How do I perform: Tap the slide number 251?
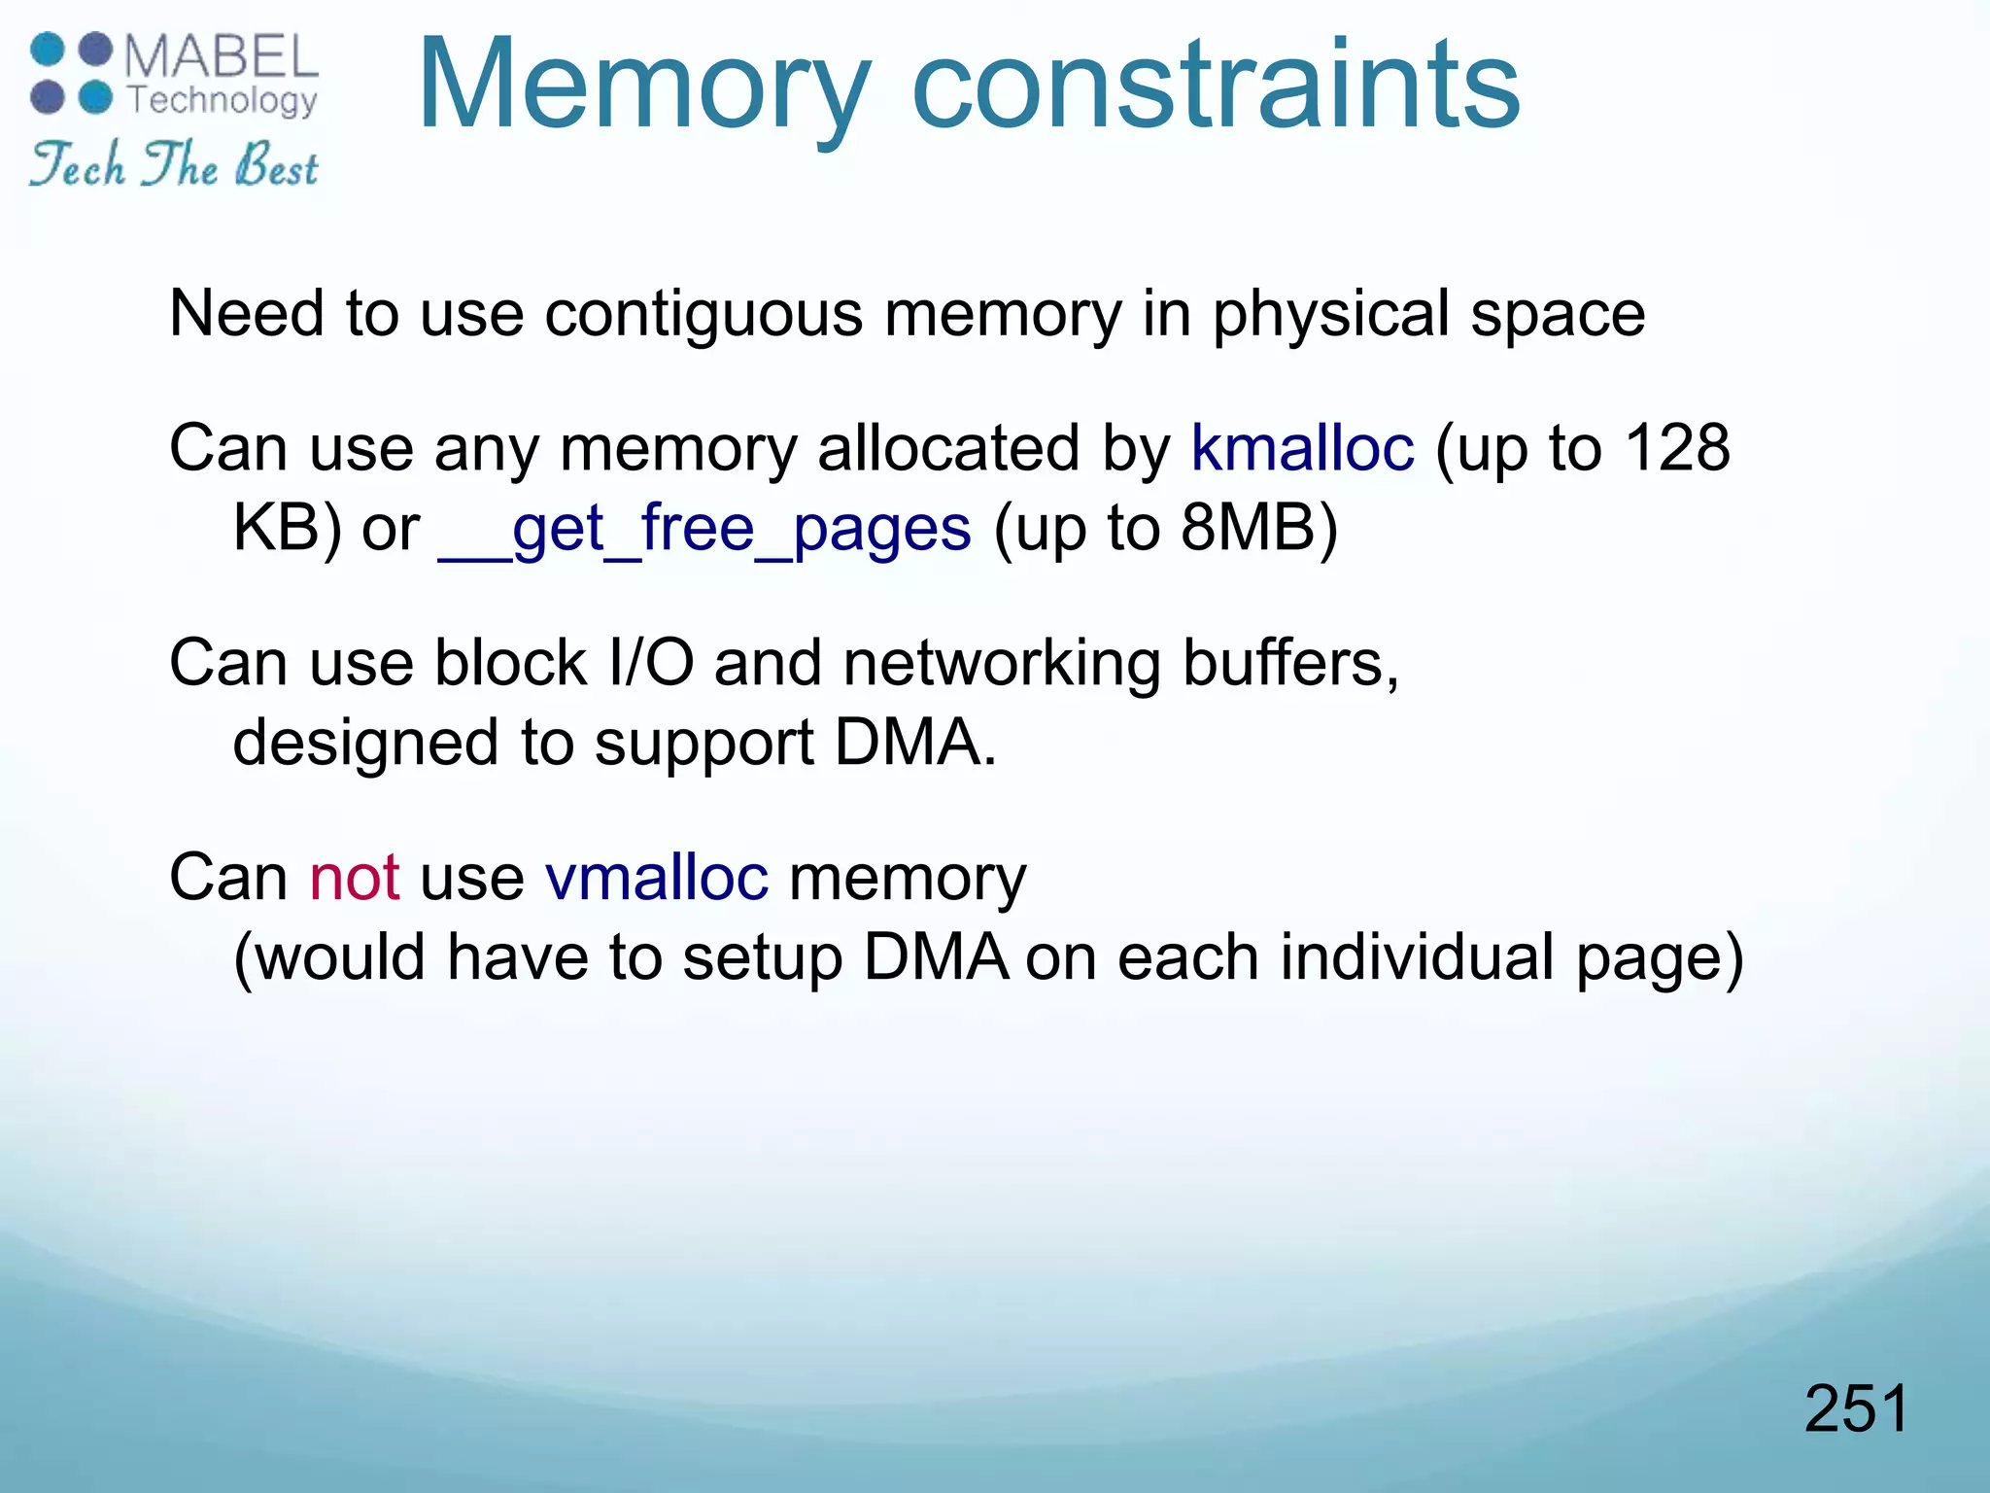click(1856, 1408)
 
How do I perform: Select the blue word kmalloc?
click(1302, 448)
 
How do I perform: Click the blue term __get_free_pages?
click(704, 530)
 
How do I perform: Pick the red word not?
click(355, 877)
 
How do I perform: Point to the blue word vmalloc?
click(657, 877)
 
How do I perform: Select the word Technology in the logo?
click(223, 100)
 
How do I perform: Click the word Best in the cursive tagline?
click(276, 166)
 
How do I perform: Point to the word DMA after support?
click(914, 744)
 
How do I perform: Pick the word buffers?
click(1290, 663)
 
